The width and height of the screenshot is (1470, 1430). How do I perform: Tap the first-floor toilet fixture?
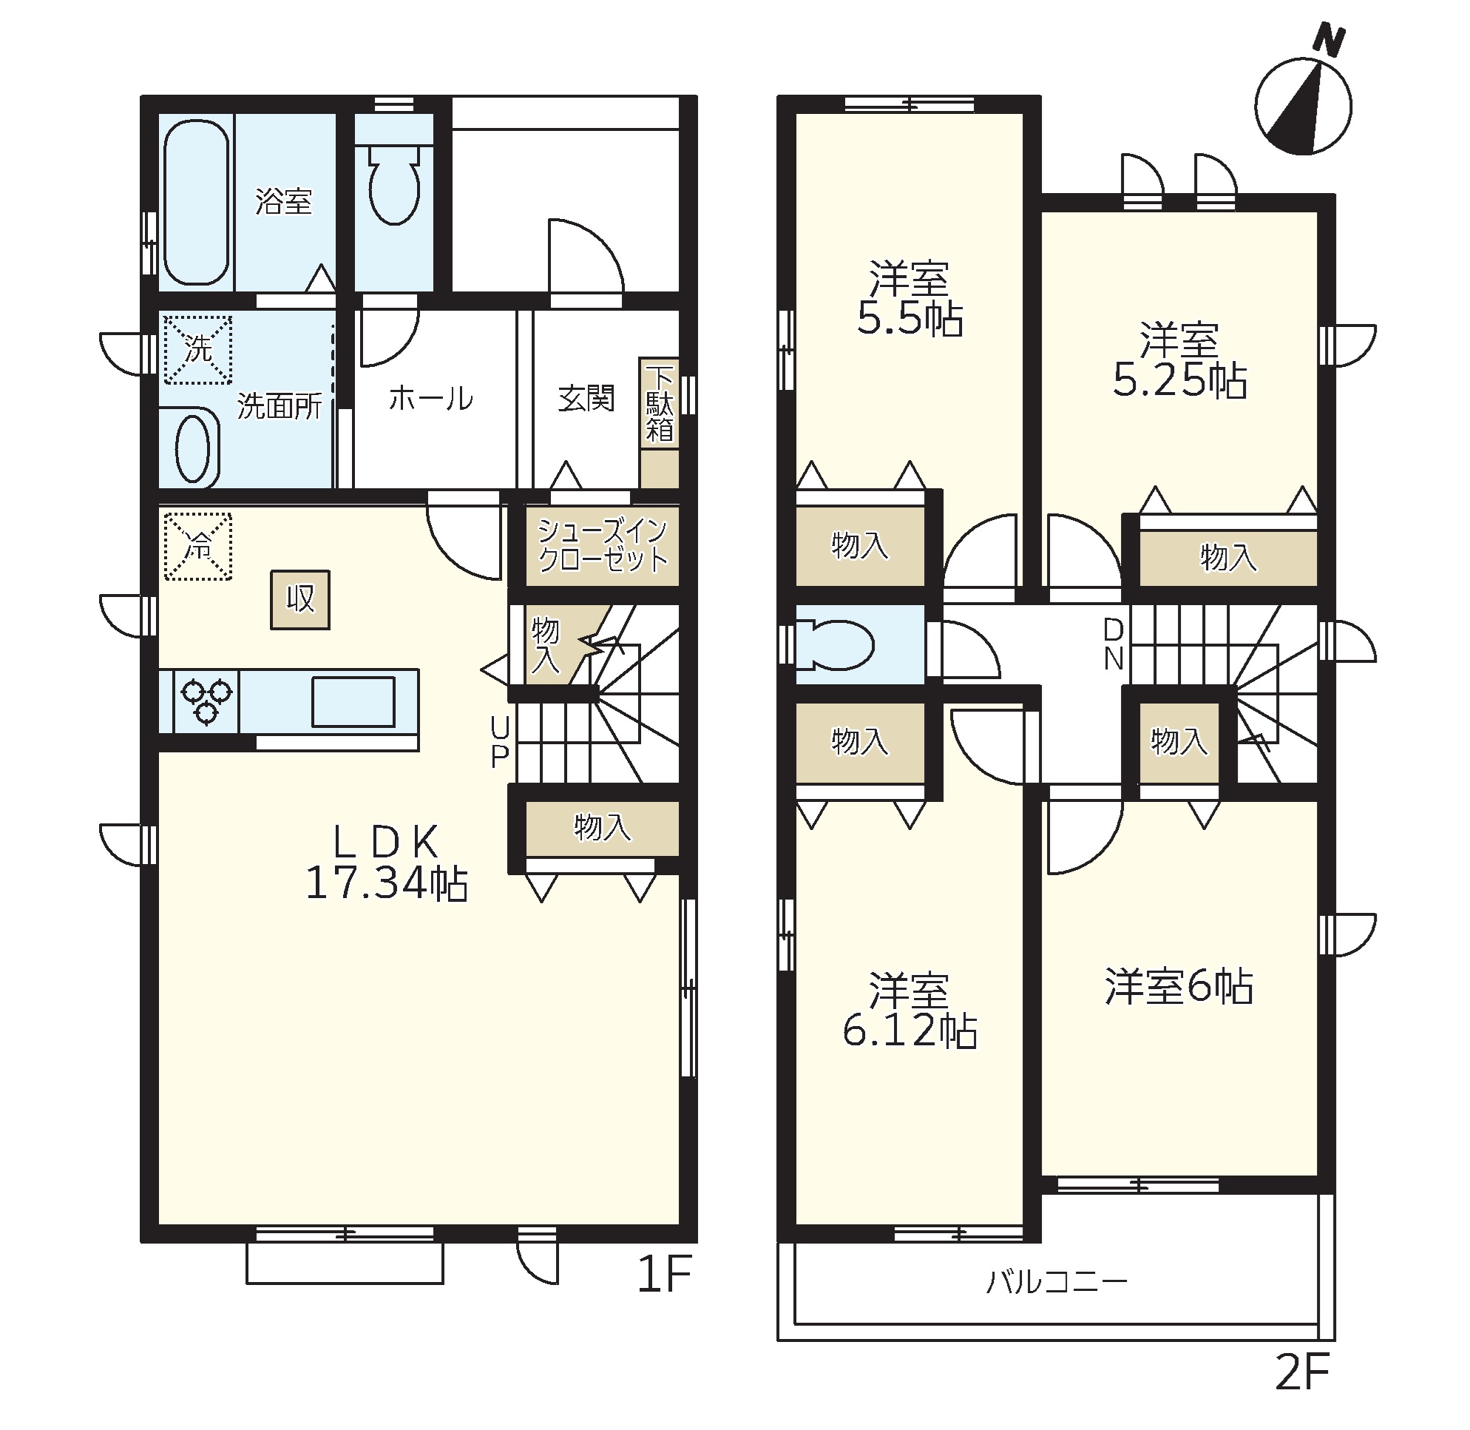394,184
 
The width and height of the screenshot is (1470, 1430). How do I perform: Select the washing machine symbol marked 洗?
198,349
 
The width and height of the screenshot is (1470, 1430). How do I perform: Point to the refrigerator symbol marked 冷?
198,546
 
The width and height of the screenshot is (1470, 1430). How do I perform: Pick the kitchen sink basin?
353,701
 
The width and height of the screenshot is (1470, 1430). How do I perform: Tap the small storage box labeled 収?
300,599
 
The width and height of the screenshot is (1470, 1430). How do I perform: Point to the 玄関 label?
586,398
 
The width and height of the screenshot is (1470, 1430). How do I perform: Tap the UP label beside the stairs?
500,741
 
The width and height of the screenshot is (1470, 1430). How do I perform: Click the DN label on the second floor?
1114,644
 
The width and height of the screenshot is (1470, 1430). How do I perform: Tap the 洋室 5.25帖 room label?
1179,360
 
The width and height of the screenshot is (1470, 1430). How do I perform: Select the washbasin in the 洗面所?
192,448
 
